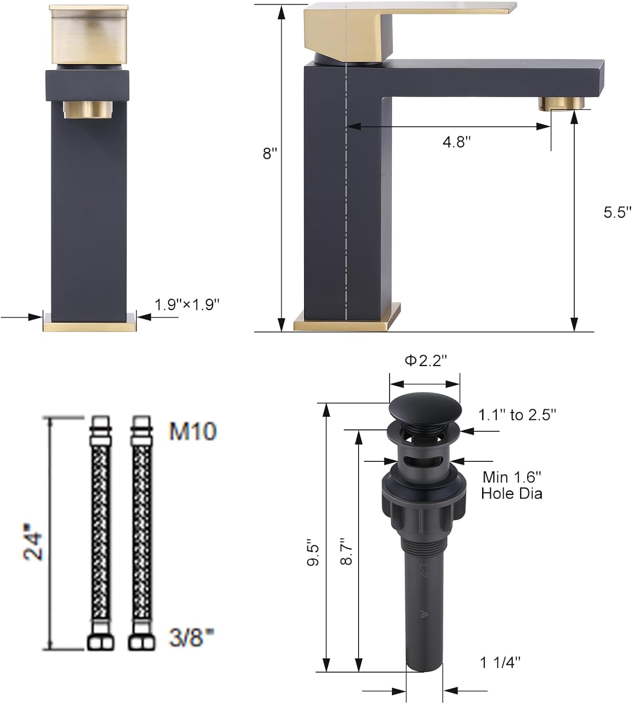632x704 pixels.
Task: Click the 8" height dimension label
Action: tap(270, 153)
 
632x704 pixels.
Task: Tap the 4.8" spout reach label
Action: tap(456, 141)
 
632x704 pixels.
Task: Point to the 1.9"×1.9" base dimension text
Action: tap(187, 305)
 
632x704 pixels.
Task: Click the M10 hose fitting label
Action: tap(193, 431)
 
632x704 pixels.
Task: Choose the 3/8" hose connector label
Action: tap(192, 638)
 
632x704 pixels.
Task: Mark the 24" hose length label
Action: tap(34, 546)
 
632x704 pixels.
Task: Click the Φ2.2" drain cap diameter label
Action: tap(425, 360)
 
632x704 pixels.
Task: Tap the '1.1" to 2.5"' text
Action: tap(517, 415)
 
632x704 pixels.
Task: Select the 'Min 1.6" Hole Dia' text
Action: tap(512, 485)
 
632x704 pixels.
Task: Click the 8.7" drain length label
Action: tap(347, 551)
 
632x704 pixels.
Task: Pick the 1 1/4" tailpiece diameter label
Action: tap(500, 662)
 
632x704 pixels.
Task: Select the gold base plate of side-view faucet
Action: tap(347, 321)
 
